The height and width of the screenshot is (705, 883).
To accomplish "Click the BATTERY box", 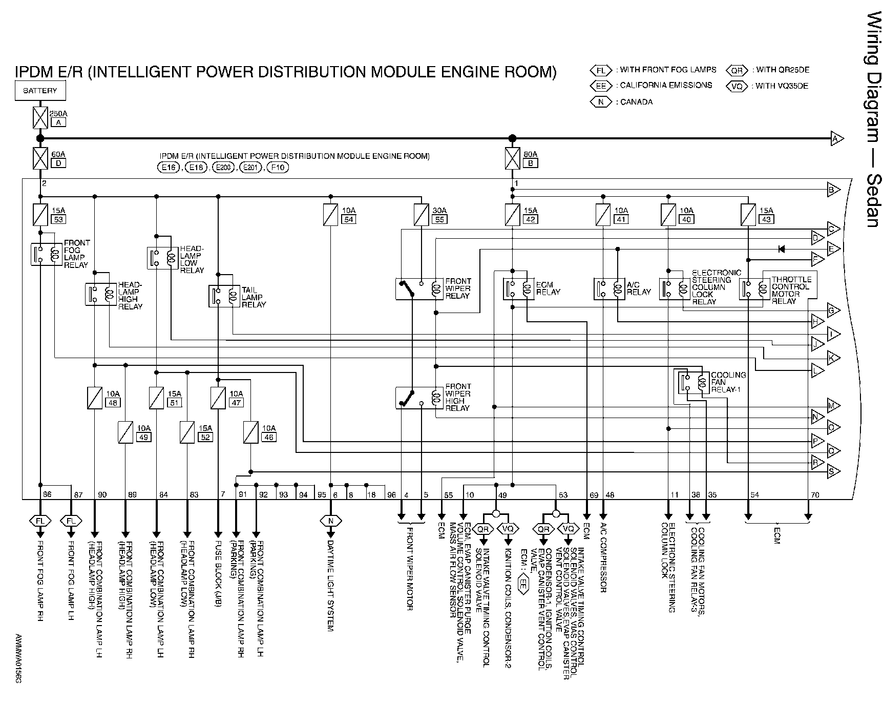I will (40, 91).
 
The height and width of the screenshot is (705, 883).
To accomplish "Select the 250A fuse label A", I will (58, 122).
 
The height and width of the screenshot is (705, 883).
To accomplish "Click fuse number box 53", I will (58, 219).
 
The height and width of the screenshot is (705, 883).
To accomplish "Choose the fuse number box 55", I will (439, 219).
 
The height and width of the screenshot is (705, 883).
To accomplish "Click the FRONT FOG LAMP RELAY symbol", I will (46, 254).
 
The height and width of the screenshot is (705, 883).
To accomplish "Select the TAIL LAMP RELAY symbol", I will (224, 296).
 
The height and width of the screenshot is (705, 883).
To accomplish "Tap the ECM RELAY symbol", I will (518, 288).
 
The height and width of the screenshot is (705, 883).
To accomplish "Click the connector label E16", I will (169, 168).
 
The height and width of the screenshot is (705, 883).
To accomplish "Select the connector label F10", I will (278, 168).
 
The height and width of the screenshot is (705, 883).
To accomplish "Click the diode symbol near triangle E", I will (782, 249).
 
